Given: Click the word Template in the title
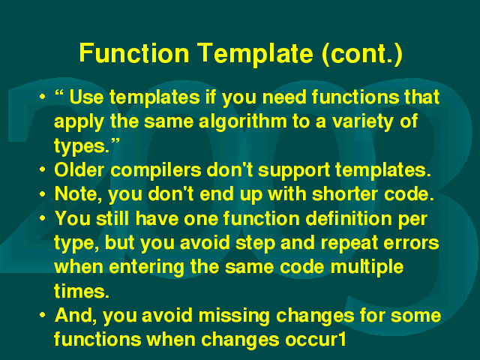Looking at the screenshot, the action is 255,54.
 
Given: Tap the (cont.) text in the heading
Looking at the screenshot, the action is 362,55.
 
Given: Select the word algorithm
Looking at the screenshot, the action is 243,121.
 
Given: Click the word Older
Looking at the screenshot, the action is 79,169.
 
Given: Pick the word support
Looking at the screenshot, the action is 294,171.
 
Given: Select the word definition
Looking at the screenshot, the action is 348,218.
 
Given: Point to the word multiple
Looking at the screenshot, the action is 367,267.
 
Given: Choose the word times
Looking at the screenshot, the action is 82,290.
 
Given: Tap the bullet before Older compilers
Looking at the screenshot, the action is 43,169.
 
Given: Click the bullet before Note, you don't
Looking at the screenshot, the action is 43,194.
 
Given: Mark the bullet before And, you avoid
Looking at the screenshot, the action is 43,315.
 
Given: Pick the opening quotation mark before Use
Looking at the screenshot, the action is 59,93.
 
